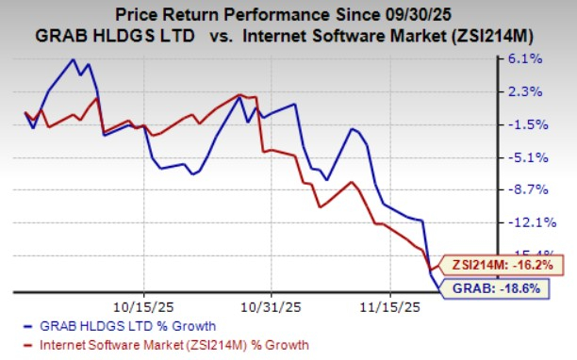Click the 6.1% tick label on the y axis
click(x=525, y=58)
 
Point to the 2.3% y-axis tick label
click(x=525, y=91)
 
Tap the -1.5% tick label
click(x=525, y=124)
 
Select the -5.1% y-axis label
click(x=525, y=157)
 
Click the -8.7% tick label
click(x=525, y=189)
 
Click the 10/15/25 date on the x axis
click(x=143, y=305)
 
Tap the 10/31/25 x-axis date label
click(x=271, y=305)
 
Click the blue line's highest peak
click(x=74, y=60)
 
